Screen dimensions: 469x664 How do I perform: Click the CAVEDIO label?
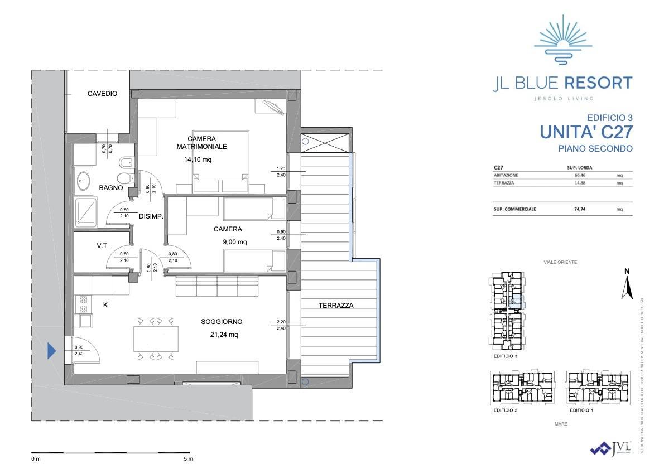tap(102, 94)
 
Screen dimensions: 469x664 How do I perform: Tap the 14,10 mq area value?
tap(198, 159)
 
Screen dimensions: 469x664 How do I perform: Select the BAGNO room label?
tap(111, 188)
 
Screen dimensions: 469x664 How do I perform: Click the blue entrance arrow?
tap(51, 351)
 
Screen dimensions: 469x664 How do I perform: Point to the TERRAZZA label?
tap(336, 305)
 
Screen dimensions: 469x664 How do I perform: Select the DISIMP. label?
tap(151, 216)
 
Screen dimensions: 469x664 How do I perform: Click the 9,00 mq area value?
tap(234, 242)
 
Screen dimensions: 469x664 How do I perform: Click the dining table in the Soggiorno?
tap(156, 338)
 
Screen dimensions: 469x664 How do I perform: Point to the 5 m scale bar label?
tap(187, 459)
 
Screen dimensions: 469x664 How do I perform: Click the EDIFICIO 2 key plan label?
tap(506, 410)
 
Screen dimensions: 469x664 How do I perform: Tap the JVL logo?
tap(612, 448)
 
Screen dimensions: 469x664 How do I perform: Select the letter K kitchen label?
tap(105, 305)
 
